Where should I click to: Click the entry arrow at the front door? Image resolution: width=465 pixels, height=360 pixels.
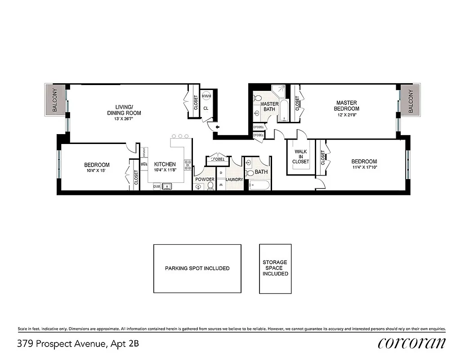point(218,127)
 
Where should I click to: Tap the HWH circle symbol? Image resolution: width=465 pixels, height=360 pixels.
point(206,96)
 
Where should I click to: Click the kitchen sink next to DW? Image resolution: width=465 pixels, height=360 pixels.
point(167,186)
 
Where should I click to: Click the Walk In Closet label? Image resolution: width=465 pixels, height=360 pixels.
point(300,157)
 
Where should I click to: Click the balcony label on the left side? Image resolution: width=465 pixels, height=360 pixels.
point(55,100)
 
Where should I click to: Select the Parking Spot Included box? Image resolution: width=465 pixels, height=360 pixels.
point(197,268)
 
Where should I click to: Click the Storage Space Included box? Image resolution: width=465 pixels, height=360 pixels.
point(275,268)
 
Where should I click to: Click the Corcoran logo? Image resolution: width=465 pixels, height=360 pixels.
point(412,343)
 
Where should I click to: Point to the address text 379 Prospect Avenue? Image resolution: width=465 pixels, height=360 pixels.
point(62,344)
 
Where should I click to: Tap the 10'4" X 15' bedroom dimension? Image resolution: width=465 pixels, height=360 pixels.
point(97,171)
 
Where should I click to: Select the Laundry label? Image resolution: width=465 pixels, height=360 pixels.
point(234,180)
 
